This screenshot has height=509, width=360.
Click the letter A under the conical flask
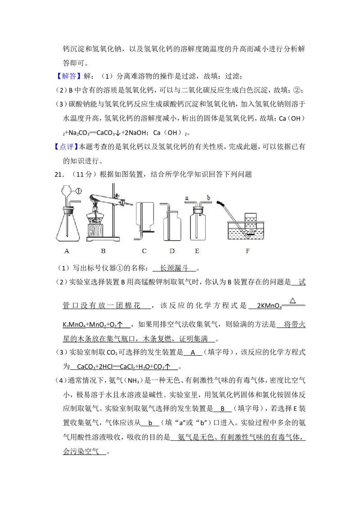pos(67,251)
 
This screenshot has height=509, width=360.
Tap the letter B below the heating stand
pos(103,251)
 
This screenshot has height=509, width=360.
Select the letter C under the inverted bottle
pos(144,251)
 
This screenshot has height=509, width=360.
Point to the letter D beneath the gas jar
pos(172,251)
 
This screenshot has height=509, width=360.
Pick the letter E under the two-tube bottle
pos(197,251)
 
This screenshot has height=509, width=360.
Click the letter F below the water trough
pos(247,251)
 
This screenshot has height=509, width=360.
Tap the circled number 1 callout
pos(78,190)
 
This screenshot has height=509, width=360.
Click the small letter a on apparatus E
pos(186,197)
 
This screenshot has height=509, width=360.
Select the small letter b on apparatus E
pos(209,197)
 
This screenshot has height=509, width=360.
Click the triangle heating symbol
pos(292,300)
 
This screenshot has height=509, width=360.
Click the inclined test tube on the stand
pos(108,199)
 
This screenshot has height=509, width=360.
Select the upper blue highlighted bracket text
pos(69,77)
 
